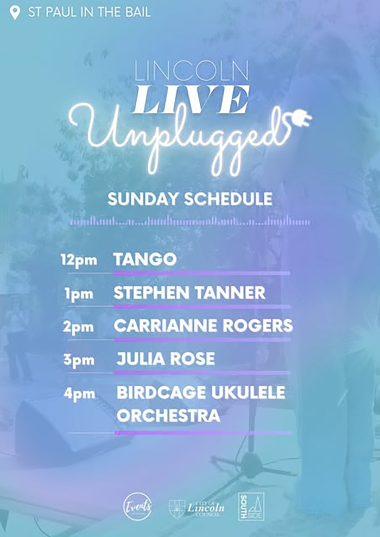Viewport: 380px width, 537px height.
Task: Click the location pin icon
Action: tap(15, 12)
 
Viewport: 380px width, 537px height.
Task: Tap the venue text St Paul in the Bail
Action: tap(90, 12)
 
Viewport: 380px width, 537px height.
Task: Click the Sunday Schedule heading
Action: tap(190, 199)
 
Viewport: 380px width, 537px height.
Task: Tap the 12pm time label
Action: tap(79, 260)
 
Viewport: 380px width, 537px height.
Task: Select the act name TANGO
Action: tap(145, 260)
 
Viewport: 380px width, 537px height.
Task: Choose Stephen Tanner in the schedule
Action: tap(189, 293)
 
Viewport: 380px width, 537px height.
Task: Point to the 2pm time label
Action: tap(80, 327)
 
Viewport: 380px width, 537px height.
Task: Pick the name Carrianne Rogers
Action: tap(203, 326)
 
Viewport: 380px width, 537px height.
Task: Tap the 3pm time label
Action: tap(80, 360)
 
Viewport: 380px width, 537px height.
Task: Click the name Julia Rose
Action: tap(166, 359)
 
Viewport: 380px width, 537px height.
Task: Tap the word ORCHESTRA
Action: tap(168, 416)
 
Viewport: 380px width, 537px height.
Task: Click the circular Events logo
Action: tap(138, 507)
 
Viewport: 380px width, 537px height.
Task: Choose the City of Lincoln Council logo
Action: tap(197, 508)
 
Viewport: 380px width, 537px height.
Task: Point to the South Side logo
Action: tap(251, 507)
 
